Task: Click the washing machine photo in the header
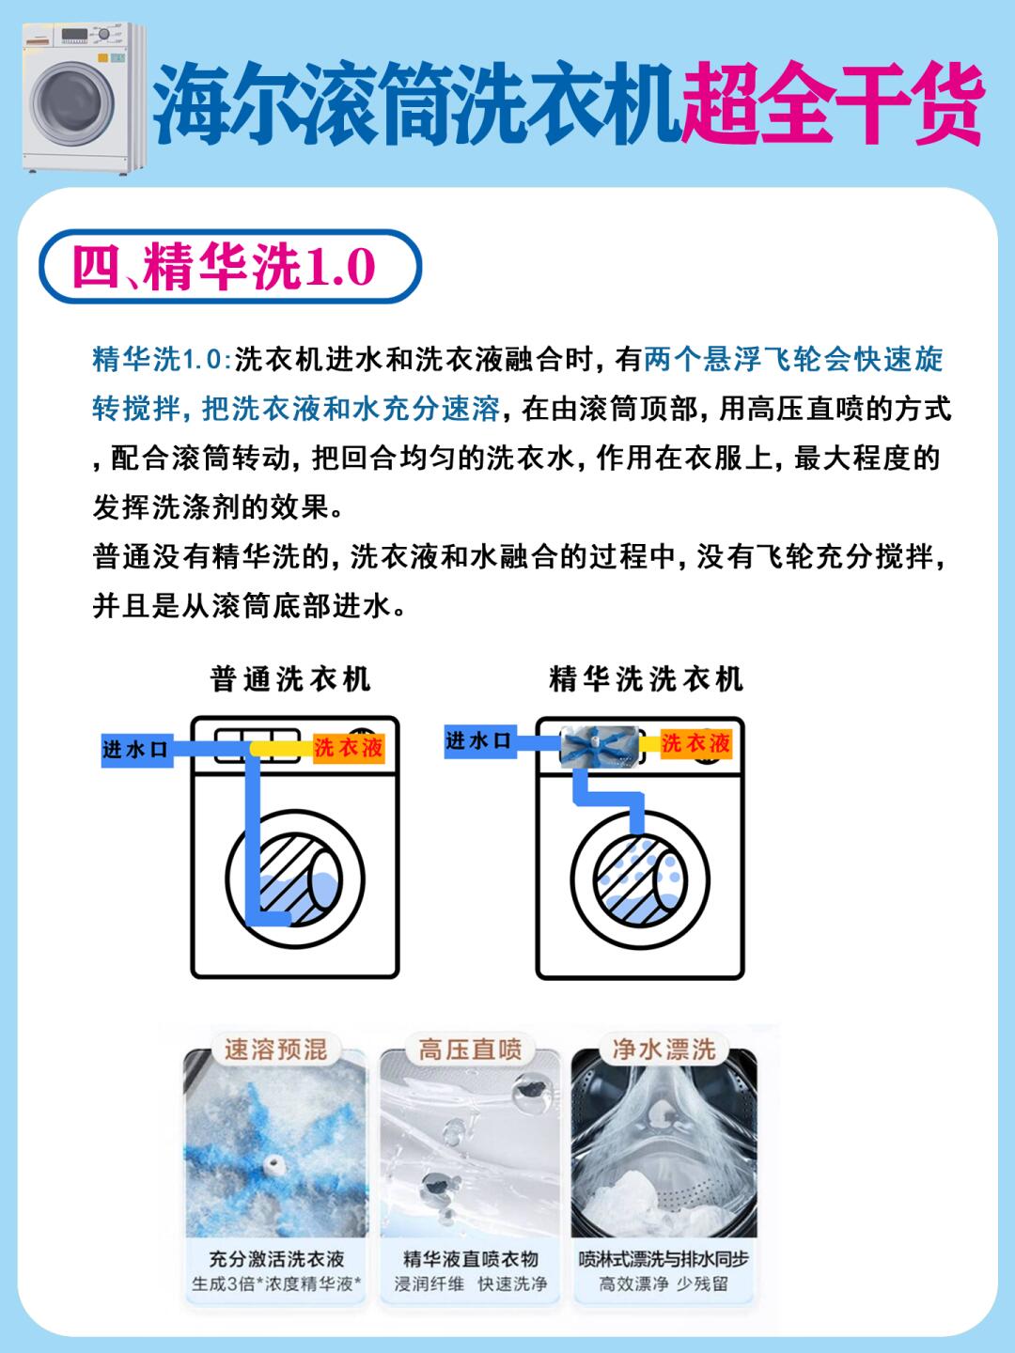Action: point(79,98)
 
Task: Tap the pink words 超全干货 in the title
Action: point(831,103)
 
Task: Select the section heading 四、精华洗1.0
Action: point(226,269)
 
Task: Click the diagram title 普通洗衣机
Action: point(290,678)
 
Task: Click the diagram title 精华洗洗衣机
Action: point(646,678)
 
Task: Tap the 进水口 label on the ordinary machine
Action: point(135,749)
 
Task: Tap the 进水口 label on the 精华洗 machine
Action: point(479,741)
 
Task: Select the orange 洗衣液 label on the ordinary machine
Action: point(348,748)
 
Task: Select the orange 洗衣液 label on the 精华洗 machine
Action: point(695,743)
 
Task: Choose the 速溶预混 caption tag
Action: point(275,1049)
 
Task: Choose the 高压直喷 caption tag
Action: point(470,1049)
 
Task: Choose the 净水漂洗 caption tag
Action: point(664,1049)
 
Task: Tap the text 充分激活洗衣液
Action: point(276,1258)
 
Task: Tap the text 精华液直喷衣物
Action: point(470,1258)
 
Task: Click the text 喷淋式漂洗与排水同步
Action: point(664,1258)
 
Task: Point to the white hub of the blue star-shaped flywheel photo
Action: point(275,1165)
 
